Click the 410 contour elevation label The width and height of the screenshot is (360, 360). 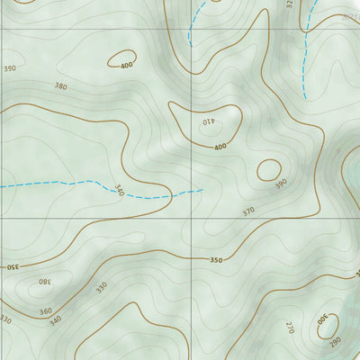pos(209,123)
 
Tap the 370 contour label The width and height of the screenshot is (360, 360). pos(249,211)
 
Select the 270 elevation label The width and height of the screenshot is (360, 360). pos(290,325)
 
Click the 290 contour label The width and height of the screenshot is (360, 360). pos(336,343)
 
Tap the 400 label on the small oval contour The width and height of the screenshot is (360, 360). pos(125,65)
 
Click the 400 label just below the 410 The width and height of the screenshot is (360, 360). pos(220,146)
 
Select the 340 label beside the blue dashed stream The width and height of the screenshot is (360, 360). pos(119,190)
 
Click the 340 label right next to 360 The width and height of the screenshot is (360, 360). pos(56,320)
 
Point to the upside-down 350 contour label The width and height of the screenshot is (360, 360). pos(11,266)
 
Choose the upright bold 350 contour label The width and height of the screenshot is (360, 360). pos(216,260)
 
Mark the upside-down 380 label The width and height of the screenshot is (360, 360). pos(44,282)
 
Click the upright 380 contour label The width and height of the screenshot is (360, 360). pos(60,86)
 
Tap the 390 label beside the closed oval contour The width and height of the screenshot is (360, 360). pos(281,184)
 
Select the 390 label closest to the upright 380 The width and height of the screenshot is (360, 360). pos(10,68)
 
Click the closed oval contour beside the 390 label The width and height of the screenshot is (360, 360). pos(269,170)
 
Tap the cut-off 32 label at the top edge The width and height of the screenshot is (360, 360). pos(290,4)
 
